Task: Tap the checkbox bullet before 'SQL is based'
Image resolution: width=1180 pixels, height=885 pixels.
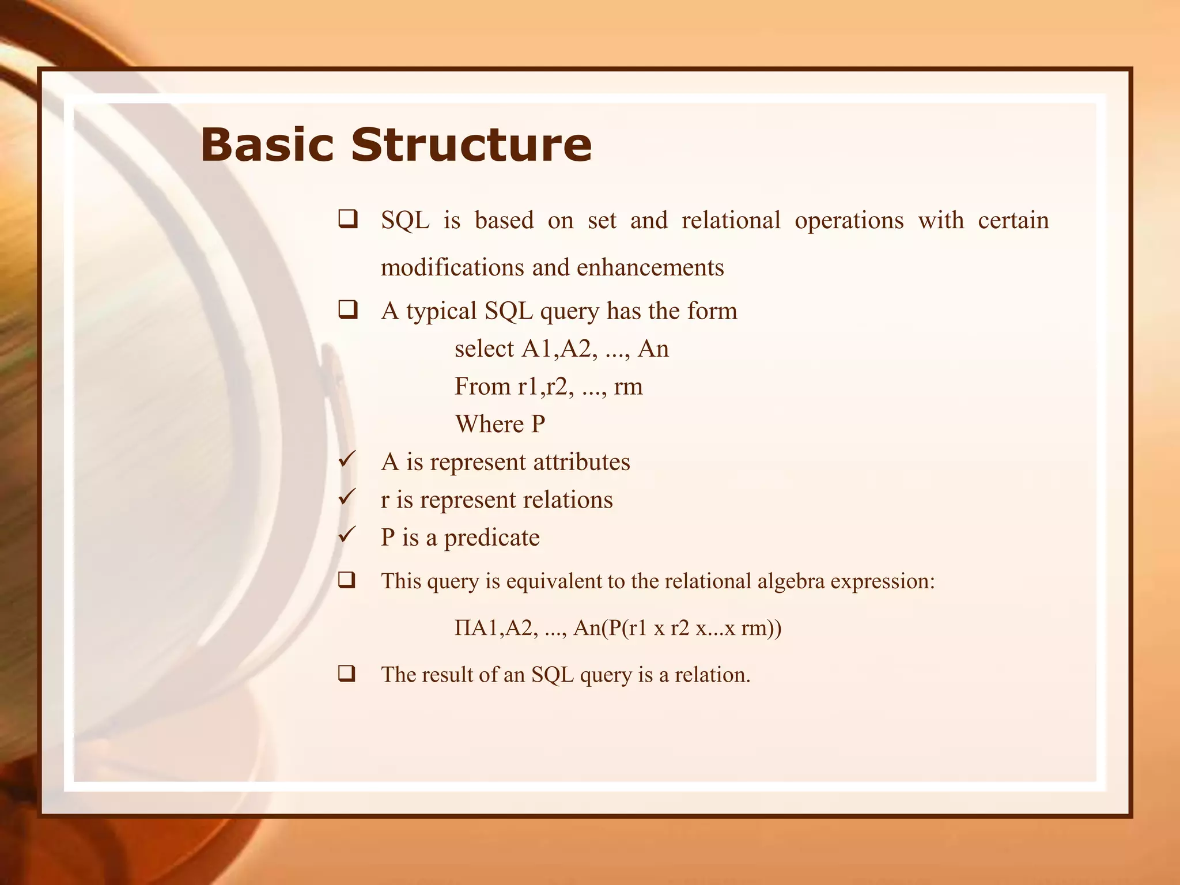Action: [x=347, y=220]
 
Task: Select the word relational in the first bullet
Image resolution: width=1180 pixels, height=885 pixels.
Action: [x=731, y=220]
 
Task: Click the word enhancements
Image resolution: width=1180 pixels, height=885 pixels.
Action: [x=650, y=267]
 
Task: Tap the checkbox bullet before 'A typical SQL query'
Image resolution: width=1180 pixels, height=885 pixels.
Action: [x=347, y=311]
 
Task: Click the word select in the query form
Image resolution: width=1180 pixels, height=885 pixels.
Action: [x=483, y=349]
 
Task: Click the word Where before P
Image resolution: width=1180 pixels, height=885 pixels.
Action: [x=489, y=424]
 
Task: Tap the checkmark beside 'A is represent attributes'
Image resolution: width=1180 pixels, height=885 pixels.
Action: [x=347, y=460]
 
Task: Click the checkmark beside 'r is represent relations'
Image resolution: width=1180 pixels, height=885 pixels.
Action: [x=347, y=497]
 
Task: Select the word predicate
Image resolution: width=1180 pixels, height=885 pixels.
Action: [x=491, y=538]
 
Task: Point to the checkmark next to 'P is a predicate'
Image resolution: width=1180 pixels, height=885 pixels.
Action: [x=347, y=535]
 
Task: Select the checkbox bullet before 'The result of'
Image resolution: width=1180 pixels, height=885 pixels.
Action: [x=347, y=674]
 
